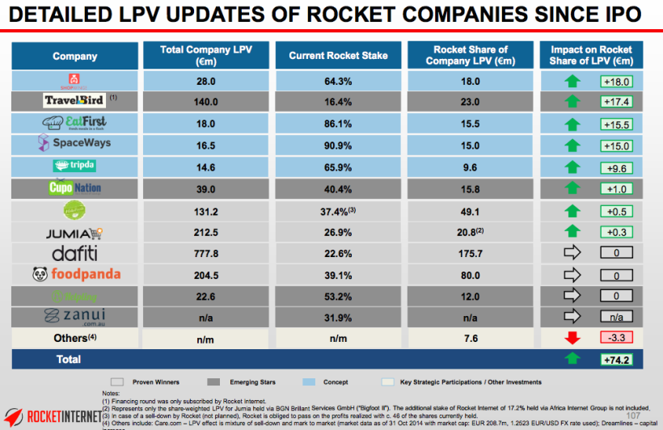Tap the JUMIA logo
point(74,232)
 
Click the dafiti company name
point(74,253)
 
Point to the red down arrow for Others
point(572,336)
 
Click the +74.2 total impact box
point(616,359)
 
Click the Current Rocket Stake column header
point(338,56)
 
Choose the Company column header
point(74,56)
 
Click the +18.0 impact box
point(616,81)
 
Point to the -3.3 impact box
point(616,336)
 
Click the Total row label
point(68,359)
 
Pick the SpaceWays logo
point(74,143)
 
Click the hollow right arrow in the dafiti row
point(572,253)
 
